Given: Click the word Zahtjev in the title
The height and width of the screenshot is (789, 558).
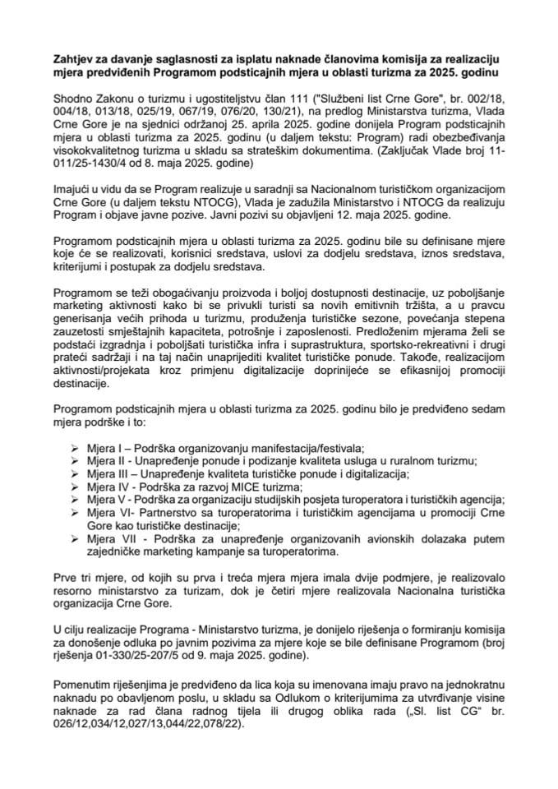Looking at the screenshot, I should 72,60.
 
